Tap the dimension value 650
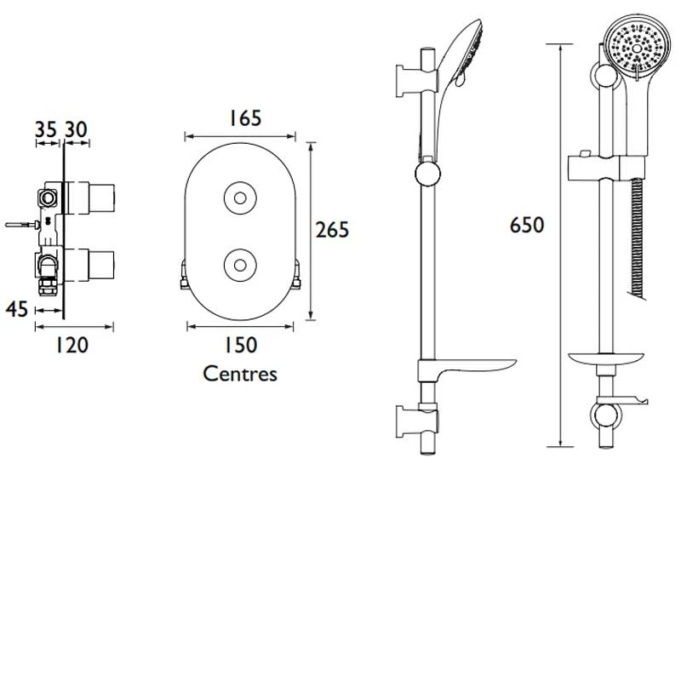click(527, 226)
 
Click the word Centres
click(240, 374)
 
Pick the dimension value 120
click(72, 345)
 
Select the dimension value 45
click(17, 309)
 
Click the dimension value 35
click(46, 129)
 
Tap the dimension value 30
click(76, 129)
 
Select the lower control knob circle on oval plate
click(240, 263)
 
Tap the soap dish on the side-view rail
click(464, 368)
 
